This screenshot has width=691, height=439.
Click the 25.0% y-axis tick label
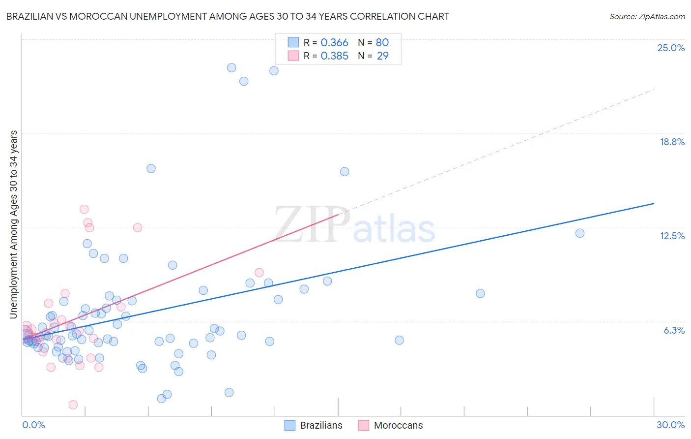[671, 48]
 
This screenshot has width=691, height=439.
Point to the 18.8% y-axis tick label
[672, 142]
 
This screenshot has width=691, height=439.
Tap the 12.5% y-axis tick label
[672, 236]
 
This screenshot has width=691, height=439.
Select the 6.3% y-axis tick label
[674, 330]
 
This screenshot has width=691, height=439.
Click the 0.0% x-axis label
[33, 425]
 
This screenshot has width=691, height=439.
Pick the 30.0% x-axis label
[670, 425]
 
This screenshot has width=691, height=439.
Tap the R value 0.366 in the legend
[334, 43]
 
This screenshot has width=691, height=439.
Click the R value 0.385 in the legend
[334, 56]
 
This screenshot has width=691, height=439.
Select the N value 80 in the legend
[382, 43]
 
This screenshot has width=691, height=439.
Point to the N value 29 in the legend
[382, 56]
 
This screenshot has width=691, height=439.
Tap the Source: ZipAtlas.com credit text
[647, 16]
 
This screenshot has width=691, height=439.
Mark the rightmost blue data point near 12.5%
[580, 233]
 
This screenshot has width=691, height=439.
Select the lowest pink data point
[73, 405]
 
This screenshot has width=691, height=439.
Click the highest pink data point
[84, 209]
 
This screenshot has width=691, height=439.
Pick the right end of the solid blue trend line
[654, 203]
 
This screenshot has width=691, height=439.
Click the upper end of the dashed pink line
[655, 89]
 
